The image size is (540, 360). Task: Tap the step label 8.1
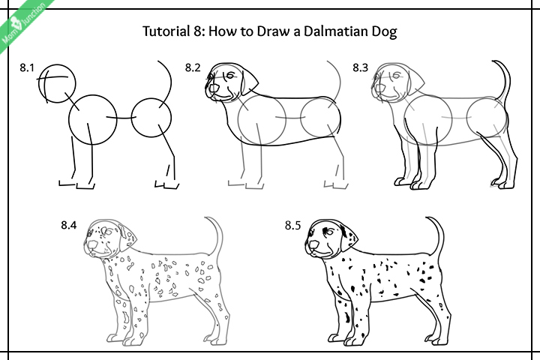tap(28, 68)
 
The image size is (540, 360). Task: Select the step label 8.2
tap(193, 68)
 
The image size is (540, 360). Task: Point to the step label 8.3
tap(361, 68)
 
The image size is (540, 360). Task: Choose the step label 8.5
tap(295, 225)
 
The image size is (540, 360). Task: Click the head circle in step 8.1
tap(58, 81)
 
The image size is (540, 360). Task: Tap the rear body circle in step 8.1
tap(151, 118)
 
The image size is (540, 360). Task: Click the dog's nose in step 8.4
tap(91, 245)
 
